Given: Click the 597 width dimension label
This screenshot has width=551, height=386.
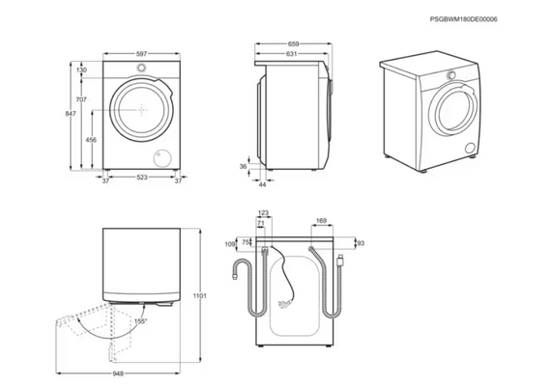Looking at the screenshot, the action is (x=141, y=54).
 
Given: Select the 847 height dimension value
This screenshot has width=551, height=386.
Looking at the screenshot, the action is (x=71, y=114).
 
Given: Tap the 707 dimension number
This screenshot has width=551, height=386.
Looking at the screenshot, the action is (x=81, y=99).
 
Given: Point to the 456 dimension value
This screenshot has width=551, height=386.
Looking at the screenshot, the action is (x=91, y=140).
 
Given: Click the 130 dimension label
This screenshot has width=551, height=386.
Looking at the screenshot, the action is (x=81, y=69).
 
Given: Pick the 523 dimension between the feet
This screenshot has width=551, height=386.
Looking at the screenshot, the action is (x=141, y=178).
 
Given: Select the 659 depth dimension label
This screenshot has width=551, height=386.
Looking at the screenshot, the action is (x=294, y=44).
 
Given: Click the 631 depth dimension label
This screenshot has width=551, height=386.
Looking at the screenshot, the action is (x=291, y=54).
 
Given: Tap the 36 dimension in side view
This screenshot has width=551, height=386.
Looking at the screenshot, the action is (x=244, y=167).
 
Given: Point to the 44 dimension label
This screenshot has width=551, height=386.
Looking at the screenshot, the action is (x=263, y=184).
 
